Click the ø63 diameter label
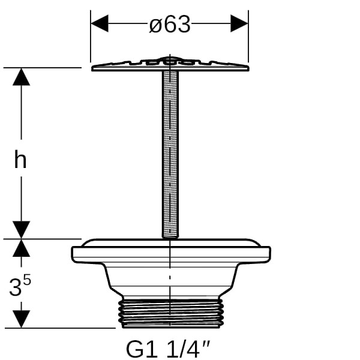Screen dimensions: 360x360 [170, 24]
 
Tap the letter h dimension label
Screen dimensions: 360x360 [20, 159]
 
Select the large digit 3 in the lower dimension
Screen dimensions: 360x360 [16, 287]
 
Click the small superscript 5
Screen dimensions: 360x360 [27, 280]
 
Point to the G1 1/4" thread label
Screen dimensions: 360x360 [168, 349]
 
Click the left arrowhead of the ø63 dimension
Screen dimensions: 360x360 [100, 23]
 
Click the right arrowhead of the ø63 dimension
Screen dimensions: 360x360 [239, 23]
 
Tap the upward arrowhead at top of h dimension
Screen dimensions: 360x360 [22, 77]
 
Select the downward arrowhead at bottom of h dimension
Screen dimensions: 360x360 [22, 230]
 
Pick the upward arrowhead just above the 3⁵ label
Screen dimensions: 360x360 [22, 248]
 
